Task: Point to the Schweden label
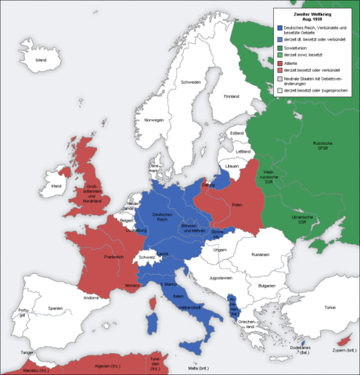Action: click(191, 82)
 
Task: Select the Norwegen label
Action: click(153, 120)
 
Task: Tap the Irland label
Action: click(56, 186)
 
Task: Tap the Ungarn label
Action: click(220, 250)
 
